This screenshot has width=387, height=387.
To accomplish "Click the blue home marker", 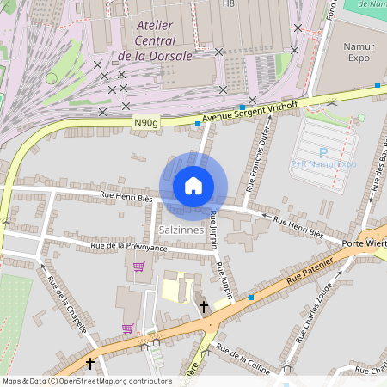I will click(193, 186).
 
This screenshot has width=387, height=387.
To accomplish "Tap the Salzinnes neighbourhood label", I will click(181, 230).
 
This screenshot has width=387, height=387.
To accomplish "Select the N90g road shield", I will click(146, 124).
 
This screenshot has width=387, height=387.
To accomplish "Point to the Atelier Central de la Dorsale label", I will click(156, 40).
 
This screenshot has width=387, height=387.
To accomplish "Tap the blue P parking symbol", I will click(311, 151).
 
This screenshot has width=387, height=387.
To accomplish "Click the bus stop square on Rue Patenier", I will click(251, 298).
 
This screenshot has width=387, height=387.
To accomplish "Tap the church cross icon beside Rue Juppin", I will click(204, 306).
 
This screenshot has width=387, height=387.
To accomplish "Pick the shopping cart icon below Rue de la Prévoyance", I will click(138, 267).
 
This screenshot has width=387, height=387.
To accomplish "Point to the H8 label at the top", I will click(229, 3).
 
